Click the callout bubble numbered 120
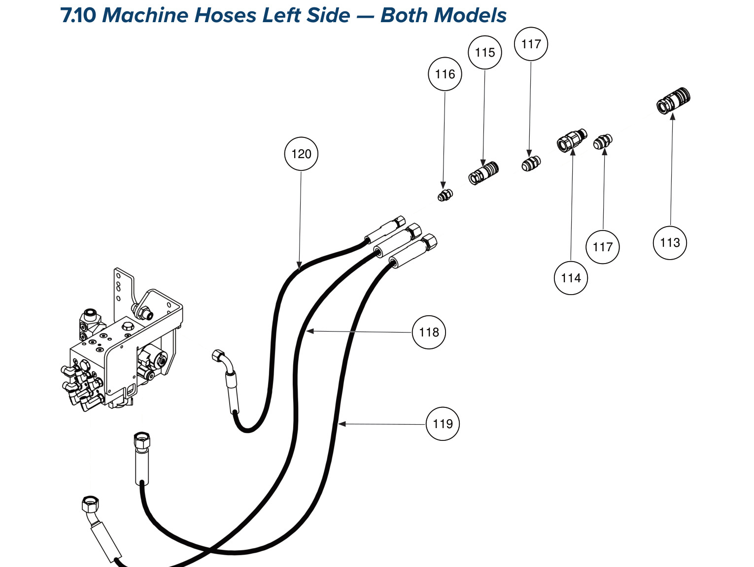(x=301, y=154)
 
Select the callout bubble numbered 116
(x=445, y=74)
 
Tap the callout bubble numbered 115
(x=485, y=53)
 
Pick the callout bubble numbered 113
(x=670, y=243)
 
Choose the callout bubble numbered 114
(x=571, y=278)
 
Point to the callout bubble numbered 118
(x=429, y=332)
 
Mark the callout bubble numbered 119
(x=443, y=424)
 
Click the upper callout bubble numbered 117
(x=531, y=44)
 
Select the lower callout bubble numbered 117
(x=603, y=247)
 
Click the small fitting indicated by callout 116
(x=445, y=195)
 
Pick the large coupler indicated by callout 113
(x=673, y=100)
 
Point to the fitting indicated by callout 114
(x=572, y=140)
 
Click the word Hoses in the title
(x=225, y=15)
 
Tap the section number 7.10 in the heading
(x=78, y=15)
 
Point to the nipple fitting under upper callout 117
(x=531, y=164)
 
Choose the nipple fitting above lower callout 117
(x=603, y=141)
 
